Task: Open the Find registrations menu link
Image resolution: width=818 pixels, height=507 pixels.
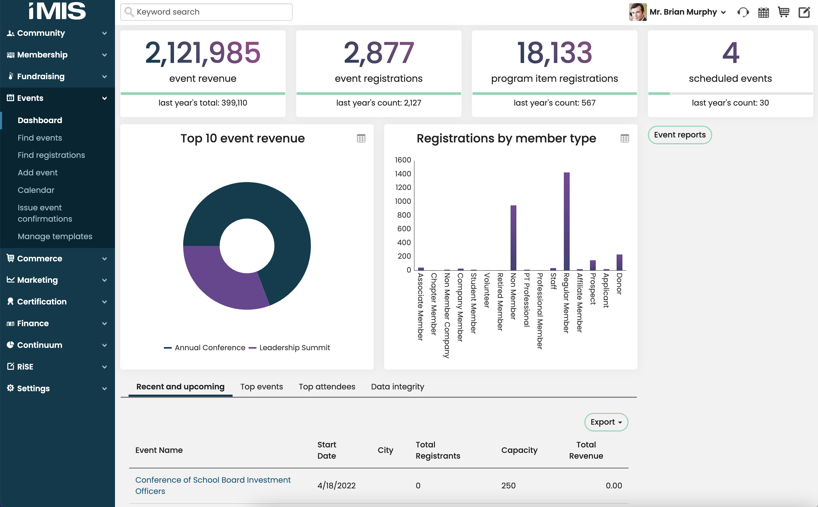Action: [51, 155]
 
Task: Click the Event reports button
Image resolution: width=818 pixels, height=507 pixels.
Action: [679, 135]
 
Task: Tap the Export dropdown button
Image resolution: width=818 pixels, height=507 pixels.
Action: [606, 422]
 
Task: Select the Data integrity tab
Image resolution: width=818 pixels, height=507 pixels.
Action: [397, 387]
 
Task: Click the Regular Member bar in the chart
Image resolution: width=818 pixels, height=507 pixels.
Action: [566, 221]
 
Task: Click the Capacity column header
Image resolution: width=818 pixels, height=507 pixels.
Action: [519, 450]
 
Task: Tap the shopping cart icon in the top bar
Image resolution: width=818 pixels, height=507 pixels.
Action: [783, 12]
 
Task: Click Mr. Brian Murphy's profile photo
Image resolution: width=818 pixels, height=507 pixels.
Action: [637, 12]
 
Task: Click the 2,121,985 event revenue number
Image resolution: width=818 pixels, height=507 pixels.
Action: [203, 53]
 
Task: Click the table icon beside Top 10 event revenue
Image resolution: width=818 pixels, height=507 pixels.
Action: [361, 138]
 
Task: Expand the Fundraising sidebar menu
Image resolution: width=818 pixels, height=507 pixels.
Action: [57, 77]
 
